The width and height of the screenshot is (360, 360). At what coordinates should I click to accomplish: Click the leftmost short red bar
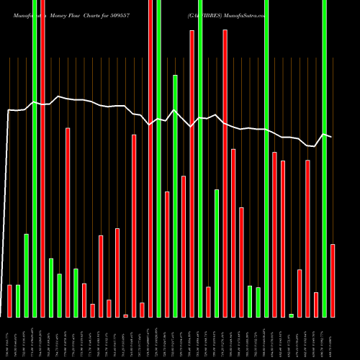(9, 301)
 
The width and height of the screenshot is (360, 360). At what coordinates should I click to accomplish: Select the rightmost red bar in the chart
(333, 281)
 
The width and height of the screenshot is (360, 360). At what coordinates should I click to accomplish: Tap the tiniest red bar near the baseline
(125, 315)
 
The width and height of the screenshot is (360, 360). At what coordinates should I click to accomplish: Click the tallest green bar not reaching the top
(175, 194)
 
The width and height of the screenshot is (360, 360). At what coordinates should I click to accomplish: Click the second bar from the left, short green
(18, 301)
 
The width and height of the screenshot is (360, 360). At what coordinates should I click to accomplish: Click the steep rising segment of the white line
(6, 216)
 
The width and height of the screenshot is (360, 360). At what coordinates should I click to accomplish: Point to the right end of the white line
(331, 136)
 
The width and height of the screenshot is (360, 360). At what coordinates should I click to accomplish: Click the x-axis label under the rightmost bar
(333, 338)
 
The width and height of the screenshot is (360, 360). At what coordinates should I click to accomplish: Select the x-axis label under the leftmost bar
(9, 338)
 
